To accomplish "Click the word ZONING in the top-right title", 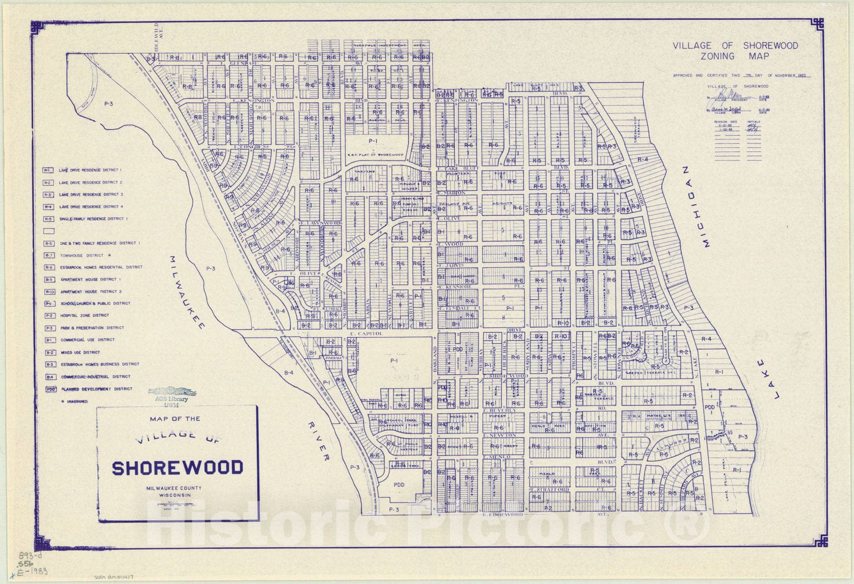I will point(718,56).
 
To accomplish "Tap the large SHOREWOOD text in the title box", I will point(177,468).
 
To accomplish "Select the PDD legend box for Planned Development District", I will point(51,389).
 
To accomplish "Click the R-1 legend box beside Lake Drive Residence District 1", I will point(48,170).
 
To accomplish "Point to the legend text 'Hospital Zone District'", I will point(84,315).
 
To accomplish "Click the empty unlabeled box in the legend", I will point(49,231).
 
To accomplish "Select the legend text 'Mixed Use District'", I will point(81,352).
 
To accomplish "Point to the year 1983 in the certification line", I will point(800,76).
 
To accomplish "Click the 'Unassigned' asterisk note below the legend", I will point(75,401).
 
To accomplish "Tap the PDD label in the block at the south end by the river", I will point(399,485).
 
